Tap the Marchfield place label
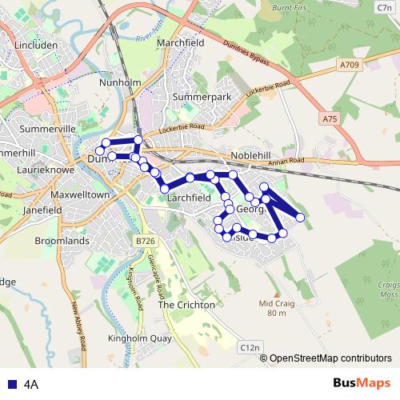click(181, 42)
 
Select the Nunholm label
click(120, 82)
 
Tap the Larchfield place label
click(190, 196)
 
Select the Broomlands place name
click(62, 240)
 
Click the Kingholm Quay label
click(140, 338)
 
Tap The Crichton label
click(186, 305)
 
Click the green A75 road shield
click(329, 118)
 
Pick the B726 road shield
click(145, 241)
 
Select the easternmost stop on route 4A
click(300, 217)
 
